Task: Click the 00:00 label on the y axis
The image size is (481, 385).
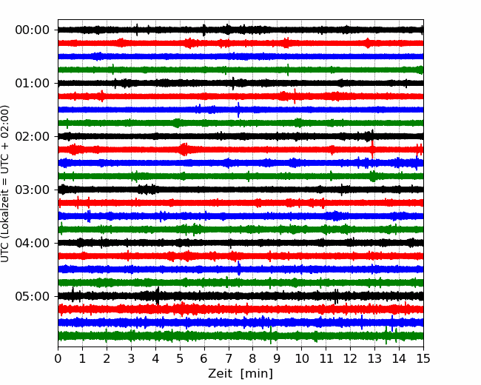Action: coord(32,30)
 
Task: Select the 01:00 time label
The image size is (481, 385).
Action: coord(32,83)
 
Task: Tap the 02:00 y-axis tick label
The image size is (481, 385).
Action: coord(32,137)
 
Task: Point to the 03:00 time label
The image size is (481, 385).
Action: coord(32,190)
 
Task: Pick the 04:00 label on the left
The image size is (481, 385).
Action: coord(32,243)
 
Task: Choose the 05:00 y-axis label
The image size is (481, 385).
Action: coord(32,297)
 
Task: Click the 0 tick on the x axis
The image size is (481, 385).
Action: coord(58,358)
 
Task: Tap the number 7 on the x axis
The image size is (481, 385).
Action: coord(229,358)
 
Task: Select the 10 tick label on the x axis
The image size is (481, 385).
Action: coord(301,358)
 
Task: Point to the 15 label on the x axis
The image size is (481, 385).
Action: coord(423,358)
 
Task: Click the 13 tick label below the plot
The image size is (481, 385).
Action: coord(374,358)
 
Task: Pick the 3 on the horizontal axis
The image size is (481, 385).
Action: coord(131,358)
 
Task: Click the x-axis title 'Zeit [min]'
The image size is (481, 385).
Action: coord(240,374)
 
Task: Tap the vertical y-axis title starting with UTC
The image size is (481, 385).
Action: coord(5,184)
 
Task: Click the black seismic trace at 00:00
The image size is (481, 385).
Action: coord(240,30)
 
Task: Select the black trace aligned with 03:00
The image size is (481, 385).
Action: coord(240,190)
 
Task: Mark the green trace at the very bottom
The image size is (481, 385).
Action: coord(240,336)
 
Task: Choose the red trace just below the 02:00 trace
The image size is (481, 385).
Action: coord(240,150)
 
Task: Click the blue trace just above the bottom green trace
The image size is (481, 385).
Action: coord(240,322)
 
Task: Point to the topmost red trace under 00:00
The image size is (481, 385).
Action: coord(240,43)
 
